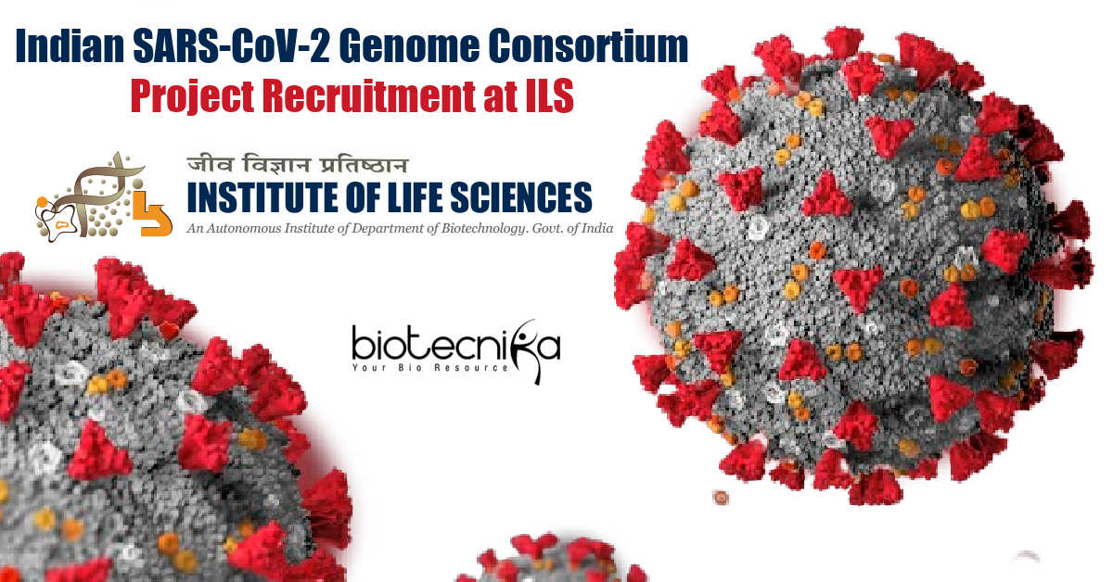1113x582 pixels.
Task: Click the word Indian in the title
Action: click(x=70, y=46)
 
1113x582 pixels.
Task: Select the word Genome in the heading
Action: click(x=409, y=46)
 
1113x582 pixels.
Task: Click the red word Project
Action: click(x=192, y=96)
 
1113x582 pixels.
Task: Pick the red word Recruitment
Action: click(x=369, y=95)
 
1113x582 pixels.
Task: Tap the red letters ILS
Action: click(x=549, y=95)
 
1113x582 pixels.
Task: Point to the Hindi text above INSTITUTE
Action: click(x=297, y=164)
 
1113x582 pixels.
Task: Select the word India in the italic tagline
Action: click(x=596, y=228)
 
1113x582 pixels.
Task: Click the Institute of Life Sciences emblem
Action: click(x=104, y=196)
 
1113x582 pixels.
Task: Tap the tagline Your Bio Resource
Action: click(x=430, y=368)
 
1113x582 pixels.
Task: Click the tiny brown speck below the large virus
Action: click(x=721, y=497)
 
